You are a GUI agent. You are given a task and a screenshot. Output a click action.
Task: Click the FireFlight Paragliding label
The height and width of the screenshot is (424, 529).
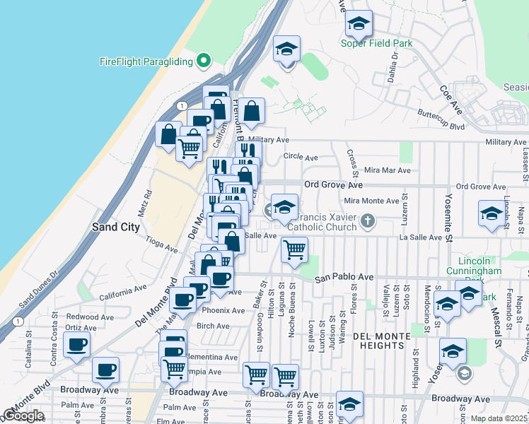tap(146, 61)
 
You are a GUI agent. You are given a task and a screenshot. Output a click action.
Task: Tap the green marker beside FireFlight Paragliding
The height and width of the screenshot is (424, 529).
tap(204, 61)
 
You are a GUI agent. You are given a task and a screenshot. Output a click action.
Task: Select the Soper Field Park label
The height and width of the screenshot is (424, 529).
tap(376, 44)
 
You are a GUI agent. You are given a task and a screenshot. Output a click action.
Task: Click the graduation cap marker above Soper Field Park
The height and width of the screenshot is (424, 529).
tap(359, 25)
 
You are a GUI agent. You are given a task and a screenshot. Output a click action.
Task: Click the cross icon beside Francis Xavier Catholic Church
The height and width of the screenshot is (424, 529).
tap(366, 221)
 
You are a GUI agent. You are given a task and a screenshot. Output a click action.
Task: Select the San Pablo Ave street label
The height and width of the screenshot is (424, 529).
tap(344, 278)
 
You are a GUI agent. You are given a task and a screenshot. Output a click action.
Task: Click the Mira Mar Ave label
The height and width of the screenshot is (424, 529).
tap(387, 170)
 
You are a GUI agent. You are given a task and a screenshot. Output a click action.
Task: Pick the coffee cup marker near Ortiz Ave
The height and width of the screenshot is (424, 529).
tap(77, 344)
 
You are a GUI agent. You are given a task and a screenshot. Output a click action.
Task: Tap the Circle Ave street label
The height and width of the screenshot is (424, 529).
tap(297, 156)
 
